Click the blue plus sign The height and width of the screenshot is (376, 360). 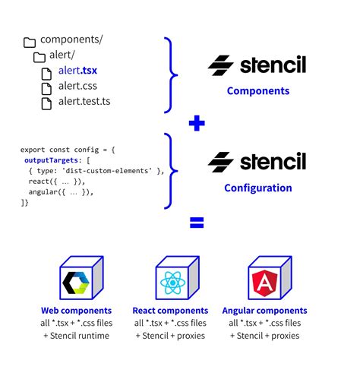[197, 123]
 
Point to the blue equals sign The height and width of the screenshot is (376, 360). [197, 223]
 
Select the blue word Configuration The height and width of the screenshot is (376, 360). [258, 188]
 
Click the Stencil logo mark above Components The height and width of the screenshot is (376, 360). [221, 65]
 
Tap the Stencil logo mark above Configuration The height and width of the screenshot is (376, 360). [221, 162]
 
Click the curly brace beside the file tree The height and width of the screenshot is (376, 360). [172, 73]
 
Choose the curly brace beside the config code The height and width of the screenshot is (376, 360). [172, 170]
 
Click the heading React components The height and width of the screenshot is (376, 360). [170, 311]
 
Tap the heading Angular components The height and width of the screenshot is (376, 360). [264, 311]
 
